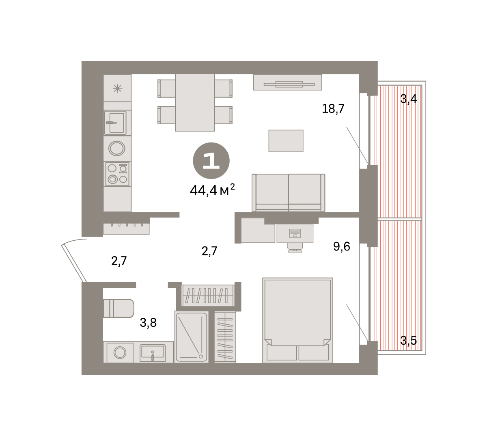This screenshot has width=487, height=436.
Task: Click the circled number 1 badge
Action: point(211,161)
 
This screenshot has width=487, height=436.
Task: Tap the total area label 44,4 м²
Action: point(212,190)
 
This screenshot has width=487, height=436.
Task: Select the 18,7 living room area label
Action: point(333,109)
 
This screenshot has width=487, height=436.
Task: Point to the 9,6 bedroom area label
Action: point(342,246)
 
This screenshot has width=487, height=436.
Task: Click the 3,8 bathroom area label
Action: point(148,323)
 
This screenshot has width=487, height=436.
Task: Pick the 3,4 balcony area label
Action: point(408,99)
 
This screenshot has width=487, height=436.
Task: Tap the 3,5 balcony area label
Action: point(408,341)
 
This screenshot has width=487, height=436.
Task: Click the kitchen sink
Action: point(115,123)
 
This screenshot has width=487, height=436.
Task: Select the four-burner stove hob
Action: point(117,174)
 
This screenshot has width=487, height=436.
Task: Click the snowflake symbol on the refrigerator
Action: point(118,88)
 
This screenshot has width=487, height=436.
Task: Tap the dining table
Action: point(195,102)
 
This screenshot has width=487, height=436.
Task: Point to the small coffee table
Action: point(286,141)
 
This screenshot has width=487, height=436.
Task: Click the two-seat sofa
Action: point(289,193)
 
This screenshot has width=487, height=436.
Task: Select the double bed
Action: point(297,320)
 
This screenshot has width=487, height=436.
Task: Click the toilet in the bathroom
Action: point(119,309)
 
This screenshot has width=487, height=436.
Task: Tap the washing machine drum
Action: point(120,353)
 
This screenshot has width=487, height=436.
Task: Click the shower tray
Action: point(192,337)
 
